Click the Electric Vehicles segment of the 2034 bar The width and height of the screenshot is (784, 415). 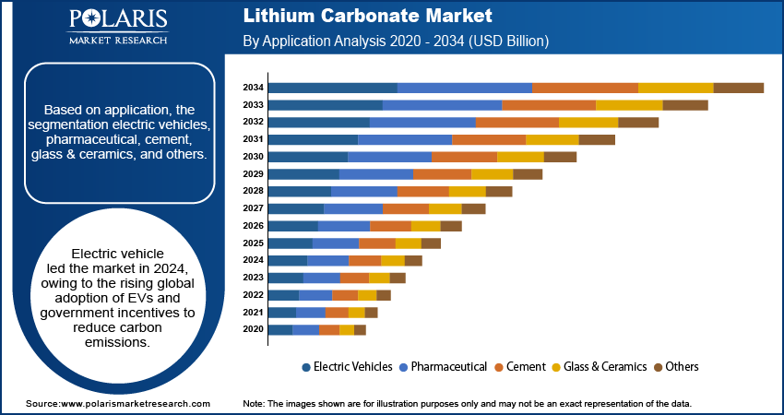[332, 88]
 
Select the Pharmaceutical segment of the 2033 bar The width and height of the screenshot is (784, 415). [442, 105]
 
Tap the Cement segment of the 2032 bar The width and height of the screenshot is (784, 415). [517, 122]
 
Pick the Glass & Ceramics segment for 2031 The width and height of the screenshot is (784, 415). [552, 139]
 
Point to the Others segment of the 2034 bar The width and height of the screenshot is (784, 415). [738, 88]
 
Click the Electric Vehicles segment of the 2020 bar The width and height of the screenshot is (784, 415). [279, 329]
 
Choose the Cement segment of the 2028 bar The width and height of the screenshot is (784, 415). [423, 191]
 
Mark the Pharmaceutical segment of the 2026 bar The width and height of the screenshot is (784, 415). [344, 226]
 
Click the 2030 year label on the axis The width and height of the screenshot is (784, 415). [254, 157]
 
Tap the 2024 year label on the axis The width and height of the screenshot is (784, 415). [254, 260]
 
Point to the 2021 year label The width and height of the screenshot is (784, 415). [254, 313]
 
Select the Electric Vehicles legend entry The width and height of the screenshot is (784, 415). [347, 367]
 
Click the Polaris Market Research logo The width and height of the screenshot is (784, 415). [117, 28]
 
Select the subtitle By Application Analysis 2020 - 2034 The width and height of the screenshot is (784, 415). [397, 41]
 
